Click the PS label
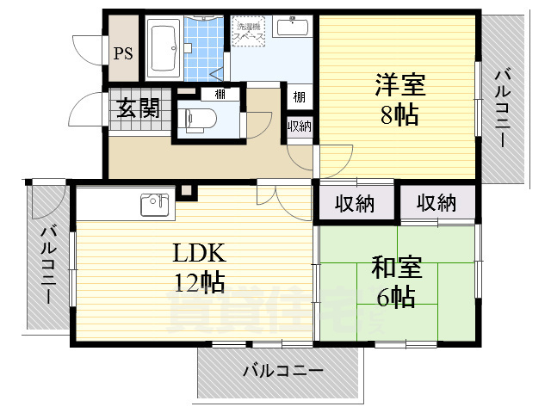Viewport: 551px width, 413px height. click(x=123, y=53)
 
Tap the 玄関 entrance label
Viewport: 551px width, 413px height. click(x=137, y=108)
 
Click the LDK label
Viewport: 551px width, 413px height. click(x=199, y=253)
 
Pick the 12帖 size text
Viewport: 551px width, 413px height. click(x=199, y=281)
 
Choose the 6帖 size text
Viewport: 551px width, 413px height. click(x=397, y=298)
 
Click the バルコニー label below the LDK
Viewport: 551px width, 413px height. click(x=282, y=372)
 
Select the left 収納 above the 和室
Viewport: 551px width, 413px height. click(x=355, y=204)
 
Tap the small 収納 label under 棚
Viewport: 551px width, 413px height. click(x=299, y=126)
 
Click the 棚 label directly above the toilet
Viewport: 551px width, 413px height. click(x=220, y=94)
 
